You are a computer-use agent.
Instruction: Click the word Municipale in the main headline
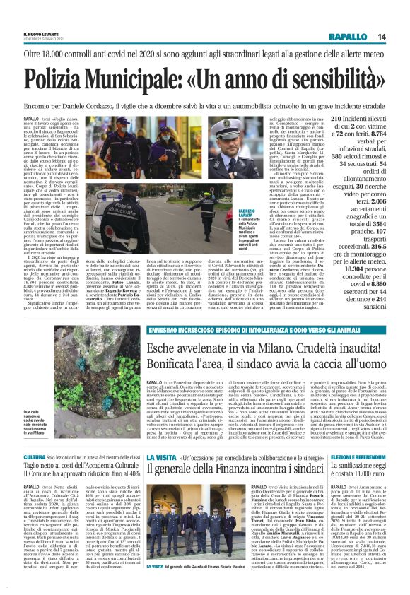tap(131, 77)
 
